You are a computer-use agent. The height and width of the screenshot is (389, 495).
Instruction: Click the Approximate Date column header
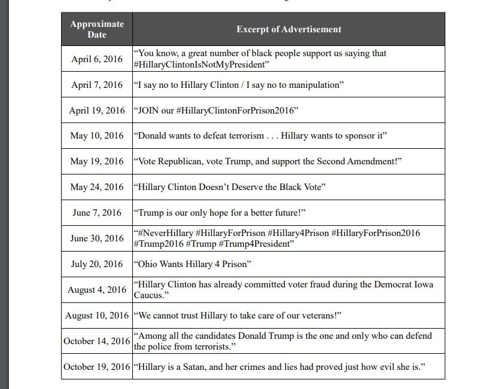point(97,29)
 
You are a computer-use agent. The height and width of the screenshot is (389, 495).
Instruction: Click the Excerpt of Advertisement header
point(289,29)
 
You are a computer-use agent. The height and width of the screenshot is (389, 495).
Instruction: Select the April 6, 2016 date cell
point(97,59)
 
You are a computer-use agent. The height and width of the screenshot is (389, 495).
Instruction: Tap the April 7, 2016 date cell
point(97,85)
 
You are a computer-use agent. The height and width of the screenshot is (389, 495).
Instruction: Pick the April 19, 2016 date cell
point(97,111)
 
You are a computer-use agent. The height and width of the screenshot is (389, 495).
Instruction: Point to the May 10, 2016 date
point(97,136)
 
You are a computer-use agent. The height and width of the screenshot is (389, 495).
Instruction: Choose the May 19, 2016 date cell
point(97,161)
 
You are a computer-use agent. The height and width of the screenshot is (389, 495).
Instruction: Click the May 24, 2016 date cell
point(97,187)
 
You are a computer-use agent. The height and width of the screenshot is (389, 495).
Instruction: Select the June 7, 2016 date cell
point(97,213)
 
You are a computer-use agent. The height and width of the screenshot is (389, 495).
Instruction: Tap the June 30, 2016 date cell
point(97,238)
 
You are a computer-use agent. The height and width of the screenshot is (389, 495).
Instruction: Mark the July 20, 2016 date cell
point(97,264)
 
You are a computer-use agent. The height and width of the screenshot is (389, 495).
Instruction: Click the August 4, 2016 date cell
point(97,290)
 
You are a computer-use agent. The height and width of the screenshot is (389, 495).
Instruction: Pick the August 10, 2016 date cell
point(97,315)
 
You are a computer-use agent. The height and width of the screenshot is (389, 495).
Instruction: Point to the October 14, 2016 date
point(97,341)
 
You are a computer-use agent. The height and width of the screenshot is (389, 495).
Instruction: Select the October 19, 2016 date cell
point(97,366)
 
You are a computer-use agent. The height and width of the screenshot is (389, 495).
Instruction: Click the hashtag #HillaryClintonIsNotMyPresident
point(201,65)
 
